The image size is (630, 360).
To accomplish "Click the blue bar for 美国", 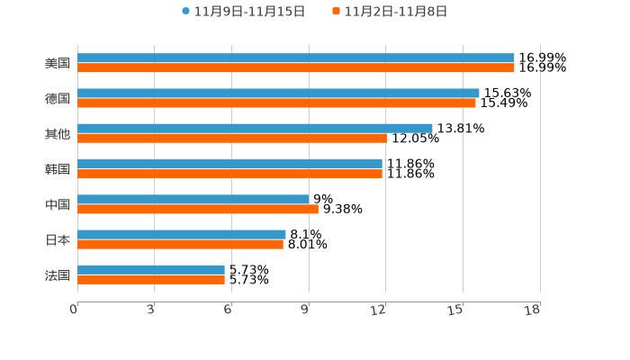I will [296, 58].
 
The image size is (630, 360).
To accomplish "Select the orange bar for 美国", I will [296, 67].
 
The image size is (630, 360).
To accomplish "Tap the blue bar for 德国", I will [278, 93].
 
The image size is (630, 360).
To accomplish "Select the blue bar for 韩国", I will [229, 164].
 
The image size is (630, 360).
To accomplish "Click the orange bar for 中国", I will [198, 209].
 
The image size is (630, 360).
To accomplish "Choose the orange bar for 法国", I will [151, 279].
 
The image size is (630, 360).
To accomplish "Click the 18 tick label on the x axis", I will [533, 310].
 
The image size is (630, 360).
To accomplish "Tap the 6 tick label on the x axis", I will [228, 310].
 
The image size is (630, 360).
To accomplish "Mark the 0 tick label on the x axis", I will [74, 310].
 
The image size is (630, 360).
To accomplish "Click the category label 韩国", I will [58, 169].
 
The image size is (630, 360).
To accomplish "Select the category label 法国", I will [58, 274].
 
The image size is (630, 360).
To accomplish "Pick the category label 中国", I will [58, 204].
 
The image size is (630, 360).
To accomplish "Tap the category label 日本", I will [58, 239].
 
